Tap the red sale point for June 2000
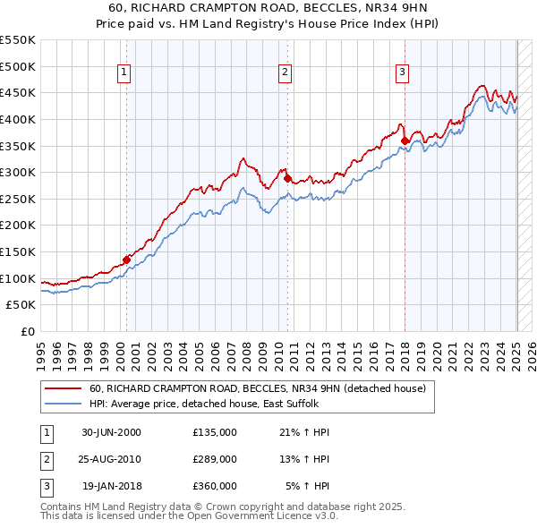126,260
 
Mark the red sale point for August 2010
288,178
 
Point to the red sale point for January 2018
405,141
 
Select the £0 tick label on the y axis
27,331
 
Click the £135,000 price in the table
215,432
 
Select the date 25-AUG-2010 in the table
111,459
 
